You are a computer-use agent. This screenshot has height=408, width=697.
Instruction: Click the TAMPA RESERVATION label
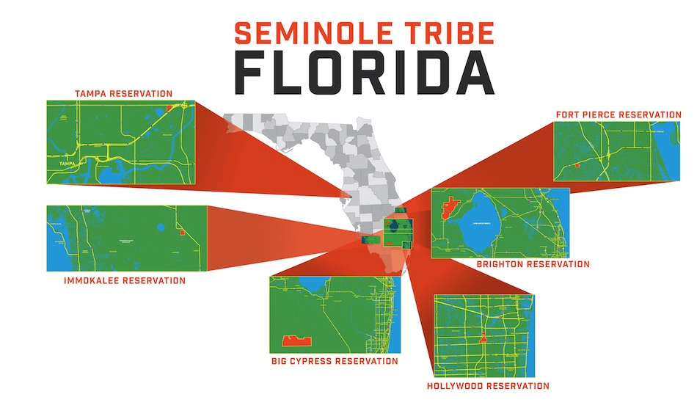(x=124, y=94)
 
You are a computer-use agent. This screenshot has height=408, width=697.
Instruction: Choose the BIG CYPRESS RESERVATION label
(x=334, y=361)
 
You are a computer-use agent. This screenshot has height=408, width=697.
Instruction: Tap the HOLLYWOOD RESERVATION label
(x=488, y=385)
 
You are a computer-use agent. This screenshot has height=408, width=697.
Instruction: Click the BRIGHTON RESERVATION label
(x=533, y=264)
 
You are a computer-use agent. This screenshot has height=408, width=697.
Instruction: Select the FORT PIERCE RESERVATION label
(x=618, y=114)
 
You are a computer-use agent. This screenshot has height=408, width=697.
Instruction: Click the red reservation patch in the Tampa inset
(x=170, y=108)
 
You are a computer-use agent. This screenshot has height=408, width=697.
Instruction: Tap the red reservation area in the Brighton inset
(x=449, y=208)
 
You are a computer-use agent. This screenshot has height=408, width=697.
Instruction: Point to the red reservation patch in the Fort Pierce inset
(x=577, y=167)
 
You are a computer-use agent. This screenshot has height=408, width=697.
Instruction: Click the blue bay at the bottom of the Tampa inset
(x=114, y=175)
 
